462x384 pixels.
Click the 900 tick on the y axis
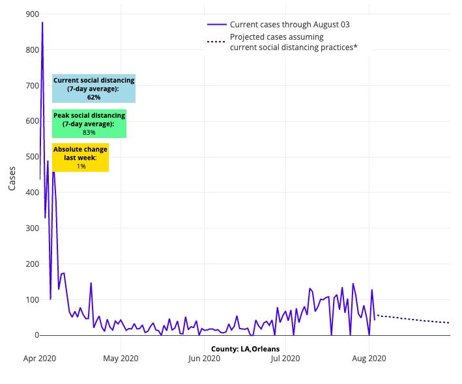pyautogui.click(x=31, y=14)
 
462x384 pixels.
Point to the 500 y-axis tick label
pyautogui.click(x=31, y=157)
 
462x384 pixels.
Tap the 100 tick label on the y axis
pyautogui.click(x=31, y=299)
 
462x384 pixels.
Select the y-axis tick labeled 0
pyautogui.click(x=36, y=335)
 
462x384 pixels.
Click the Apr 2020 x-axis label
pyautogui.click(x=40, y=358)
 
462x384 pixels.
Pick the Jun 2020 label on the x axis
pyautogui.click(x=203, y=358)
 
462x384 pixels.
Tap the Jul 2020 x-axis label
pyautogui.click(x=285, y=358)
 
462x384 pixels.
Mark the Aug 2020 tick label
pyautogui.click(x=369, y=358)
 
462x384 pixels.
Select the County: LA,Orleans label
pyautogui.click(x=245, y=349)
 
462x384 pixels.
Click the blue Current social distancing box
pyautogui.click(x=94, y=89)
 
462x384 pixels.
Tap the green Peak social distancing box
pyautogui.click(x=89, y=124)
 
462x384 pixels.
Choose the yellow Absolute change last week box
pyautogui.click(x=80, y=158)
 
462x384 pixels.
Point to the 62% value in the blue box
pyautogui.click(x=94, y=97)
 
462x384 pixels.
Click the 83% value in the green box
pyautogui.click(x=89, y=132)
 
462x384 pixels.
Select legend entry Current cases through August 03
pyautogui.click(x=289, y=25)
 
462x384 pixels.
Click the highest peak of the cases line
pyautogui.click(x=42, y=23)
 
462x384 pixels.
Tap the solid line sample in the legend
pyautogui.click(x=216, y=25)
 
